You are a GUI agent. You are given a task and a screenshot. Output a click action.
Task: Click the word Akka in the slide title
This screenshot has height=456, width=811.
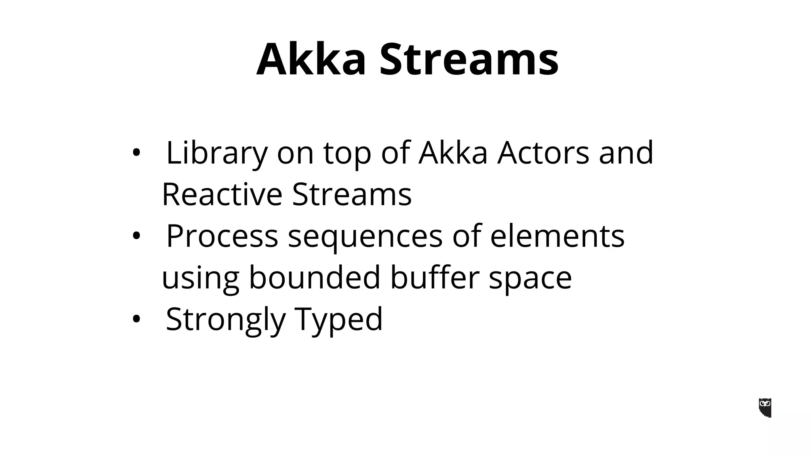point(311,59)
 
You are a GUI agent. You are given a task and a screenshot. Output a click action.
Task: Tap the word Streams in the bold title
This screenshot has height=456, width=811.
point(469,59)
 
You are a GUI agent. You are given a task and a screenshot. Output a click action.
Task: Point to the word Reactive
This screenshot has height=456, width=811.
point(222,194)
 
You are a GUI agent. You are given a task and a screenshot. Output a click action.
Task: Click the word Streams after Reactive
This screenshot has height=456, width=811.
point(352,194)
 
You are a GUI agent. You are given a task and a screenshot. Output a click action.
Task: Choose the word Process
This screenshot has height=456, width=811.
point(222,236)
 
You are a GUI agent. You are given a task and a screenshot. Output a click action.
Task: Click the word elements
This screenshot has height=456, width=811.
point(557,236)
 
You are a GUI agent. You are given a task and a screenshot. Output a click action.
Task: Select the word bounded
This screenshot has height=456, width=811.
point(315,277)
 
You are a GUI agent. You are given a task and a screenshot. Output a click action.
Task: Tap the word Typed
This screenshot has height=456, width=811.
point(339,320)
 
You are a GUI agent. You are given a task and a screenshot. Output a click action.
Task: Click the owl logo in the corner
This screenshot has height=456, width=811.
point(765,408)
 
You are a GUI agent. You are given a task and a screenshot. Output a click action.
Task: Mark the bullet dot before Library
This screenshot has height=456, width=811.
point(136,154)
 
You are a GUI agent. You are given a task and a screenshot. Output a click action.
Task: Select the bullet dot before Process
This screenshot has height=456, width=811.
point(136,236)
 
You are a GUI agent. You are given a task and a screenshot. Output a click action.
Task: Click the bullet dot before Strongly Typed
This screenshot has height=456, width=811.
point(136,319)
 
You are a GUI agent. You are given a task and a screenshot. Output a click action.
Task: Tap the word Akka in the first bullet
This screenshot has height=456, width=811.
point(453,153)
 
